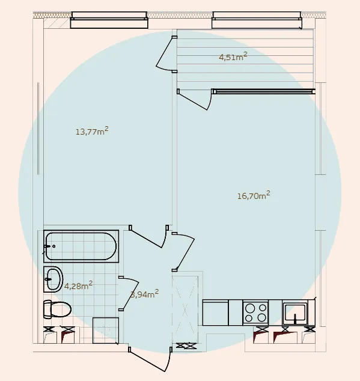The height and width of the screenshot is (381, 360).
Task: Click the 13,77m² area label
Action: pyautogui.click(x=92, y=131)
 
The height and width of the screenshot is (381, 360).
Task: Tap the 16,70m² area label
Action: pyautogui.click(x=254, y=195)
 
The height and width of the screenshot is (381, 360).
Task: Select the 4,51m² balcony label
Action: pyautogui.click(x=233, y=56)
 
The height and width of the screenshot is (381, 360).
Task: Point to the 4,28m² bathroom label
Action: pyautogui.click(x=78, y=285)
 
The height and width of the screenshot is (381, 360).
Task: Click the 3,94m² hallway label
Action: pyautogui.click(x=145, y=294)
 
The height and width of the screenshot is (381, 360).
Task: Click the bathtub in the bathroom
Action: pyautogui.click(x=81, y=246)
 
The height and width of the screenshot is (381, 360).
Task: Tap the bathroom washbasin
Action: pyautogui.click(x=53, y=279)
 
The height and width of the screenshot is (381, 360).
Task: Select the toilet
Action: pyautogui.click(x=57, y=309)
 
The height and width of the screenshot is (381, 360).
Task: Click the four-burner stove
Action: pyautogui.click(x=255, y=312)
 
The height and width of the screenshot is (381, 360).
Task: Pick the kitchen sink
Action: pyautogui.click(x=295, y=312)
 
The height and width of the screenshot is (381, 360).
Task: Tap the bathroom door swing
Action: pyautogui.click(x=129, y=293)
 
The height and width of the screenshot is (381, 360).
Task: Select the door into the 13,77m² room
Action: pyautogui.click(x=148, y=236)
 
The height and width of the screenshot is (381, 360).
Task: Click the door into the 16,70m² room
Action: pyautogui.click(x=183, y=252)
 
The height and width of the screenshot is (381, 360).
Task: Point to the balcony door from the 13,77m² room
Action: pyautogui.click(x=166, y=53)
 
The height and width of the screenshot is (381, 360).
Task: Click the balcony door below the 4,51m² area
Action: pyautogui.click(x=195, y=99)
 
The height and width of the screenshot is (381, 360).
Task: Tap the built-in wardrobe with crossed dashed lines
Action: pyautogui.click(x=185, y=309)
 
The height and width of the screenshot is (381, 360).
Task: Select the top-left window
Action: pyautogui.click(x=109, y=20)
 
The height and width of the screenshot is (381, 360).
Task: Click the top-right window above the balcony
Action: pyautogui.click(x=257, y=20)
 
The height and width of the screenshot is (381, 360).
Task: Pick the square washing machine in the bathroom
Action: pyautogui.click(x=106, y=331)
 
